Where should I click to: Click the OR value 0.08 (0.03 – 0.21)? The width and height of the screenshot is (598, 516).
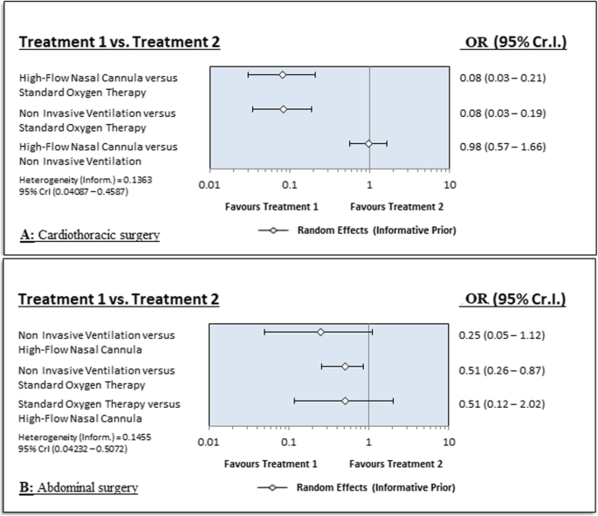coord(502,78)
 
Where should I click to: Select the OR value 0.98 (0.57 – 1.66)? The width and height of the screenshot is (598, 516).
coord(502,146)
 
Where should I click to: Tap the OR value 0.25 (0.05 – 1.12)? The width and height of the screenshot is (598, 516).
coord(502,334)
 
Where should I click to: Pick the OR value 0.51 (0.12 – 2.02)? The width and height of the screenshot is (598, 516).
coord(502,403)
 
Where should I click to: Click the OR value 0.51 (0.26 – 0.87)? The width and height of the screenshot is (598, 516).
coord(502,369)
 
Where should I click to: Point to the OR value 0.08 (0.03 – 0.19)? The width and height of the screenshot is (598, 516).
coord(502,112)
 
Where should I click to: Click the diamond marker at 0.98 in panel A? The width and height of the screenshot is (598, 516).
coord(368,143)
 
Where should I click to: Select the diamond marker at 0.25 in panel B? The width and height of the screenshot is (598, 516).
coord(320,332)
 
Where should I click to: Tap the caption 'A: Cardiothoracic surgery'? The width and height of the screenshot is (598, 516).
coord(89,235)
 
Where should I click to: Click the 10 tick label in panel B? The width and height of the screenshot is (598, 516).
coord(450,443)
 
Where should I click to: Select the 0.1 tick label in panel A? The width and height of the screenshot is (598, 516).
coord(289,186)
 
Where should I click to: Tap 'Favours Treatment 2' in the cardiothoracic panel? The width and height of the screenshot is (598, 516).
coord(395,207)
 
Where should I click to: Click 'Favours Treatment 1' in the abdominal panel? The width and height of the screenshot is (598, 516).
coord(272,464)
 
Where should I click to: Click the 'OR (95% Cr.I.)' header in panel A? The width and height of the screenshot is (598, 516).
coord(512,42)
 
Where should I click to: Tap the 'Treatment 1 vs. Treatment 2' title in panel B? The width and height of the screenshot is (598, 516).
coord(119,299)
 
